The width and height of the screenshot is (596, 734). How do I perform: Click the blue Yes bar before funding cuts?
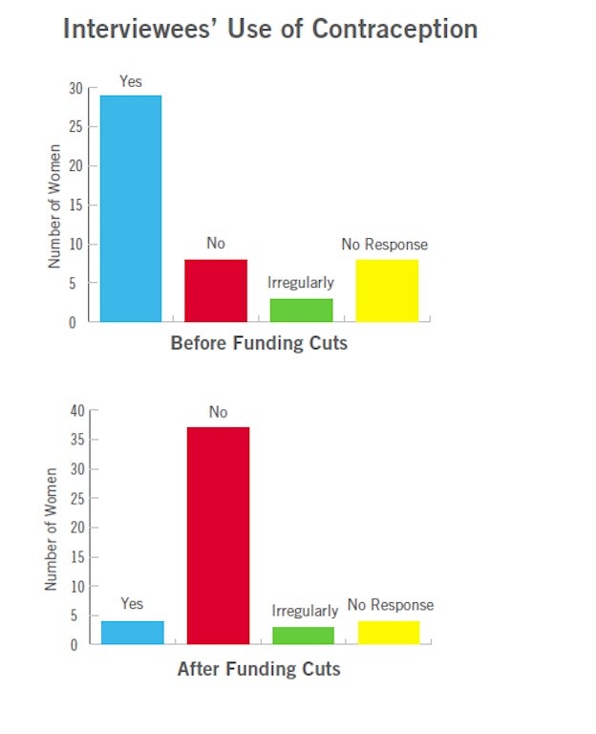tap(131, 208)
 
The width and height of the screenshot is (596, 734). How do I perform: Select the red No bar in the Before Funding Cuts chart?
tap(216, 291)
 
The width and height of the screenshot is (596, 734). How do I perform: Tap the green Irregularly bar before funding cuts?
tap(301, 311)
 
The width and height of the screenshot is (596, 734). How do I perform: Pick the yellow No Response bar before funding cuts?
tap(387, 291)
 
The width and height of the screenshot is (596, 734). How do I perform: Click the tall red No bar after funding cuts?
tap(218, 535)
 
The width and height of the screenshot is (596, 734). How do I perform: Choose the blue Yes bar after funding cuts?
tap(132, 633)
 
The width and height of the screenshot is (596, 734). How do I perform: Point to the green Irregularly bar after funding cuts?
tap(303, 636)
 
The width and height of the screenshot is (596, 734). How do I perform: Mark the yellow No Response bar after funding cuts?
tap(388, 633)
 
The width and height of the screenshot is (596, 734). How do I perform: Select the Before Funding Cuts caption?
tap(259, 343)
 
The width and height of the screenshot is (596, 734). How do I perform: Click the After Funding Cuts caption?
tap(259, 669)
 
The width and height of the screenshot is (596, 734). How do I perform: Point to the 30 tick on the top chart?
tap(75, 88)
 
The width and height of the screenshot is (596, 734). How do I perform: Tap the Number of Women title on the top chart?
tap(55, 205)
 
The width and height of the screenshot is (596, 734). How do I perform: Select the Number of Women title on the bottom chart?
tap(53, 529)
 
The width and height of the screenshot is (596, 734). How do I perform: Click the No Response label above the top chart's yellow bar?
tap(384, 245)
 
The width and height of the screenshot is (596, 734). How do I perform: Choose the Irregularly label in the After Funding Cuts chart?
tap(305, 611)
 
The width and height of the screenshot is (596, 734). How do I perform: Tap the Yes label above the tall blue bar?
tap(131, 82)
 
